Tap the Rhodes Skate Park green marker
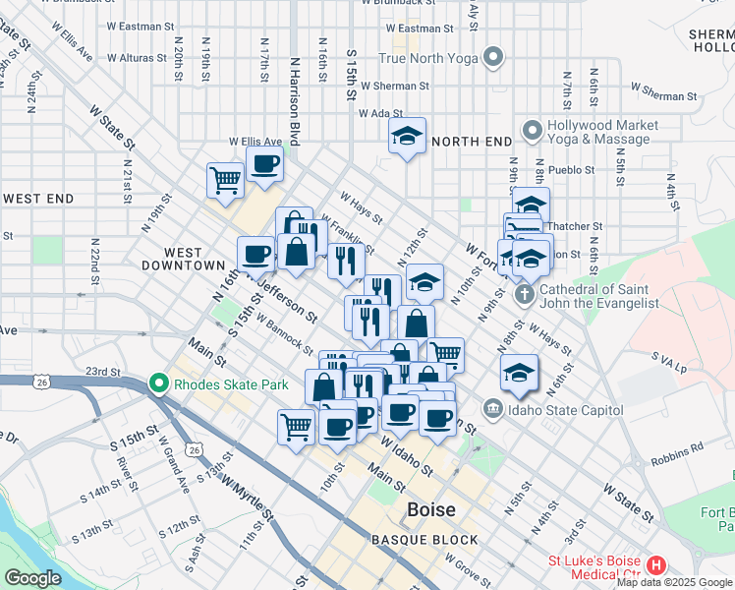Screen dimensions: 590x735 [156, 383]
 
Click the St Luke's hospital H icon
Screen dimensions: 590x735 [656, 566]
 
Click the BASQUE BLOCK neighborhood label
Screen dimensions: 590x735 [424, 540]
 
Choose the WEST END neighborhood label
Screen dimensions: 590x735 [38, 199]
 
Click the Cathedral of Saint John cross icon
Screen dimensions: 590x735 [524, 293]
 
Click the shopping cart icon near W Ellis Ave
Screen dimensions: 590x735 [225, 180]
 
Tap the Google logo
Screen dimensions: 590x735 [32, 578]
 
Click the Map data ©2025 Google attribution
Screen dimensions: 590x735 [674, 582]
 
